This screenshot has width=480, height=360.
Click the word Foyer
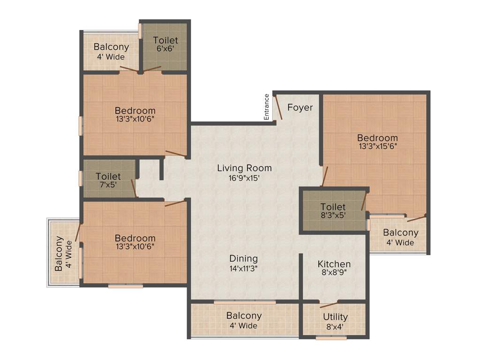click(300, 107)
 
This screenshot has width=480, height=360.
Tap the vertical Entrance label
click(267, 107)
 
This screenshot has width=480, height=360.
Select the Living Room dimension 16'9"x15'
click(244, 178)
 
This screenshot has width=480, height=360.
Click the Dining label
click(243, 258)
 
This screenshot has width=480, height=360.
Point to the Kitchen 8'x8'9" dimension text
click(334, 274)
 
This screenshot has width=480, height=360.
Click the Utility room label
click(335, 317)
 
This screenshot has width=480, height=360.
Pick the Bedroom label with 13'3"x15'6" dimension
click(377, 138)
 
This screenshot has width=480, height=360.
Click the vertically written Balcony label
click(60, 254)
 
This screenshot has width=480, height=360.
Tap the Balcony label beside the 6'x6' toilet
click(111, 47)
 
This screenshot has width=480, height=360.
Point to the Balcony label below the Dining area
click(244, 315)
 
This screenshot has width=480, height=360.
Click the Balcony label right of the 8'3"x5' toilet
click(400, 232)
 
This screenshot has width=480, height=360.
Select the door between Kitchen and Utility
click(329, 304)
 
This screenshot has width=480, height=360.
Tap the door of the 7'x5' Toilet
click(134, 188)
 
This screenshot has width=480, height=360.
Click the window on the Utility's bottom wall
click(331, 337)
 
